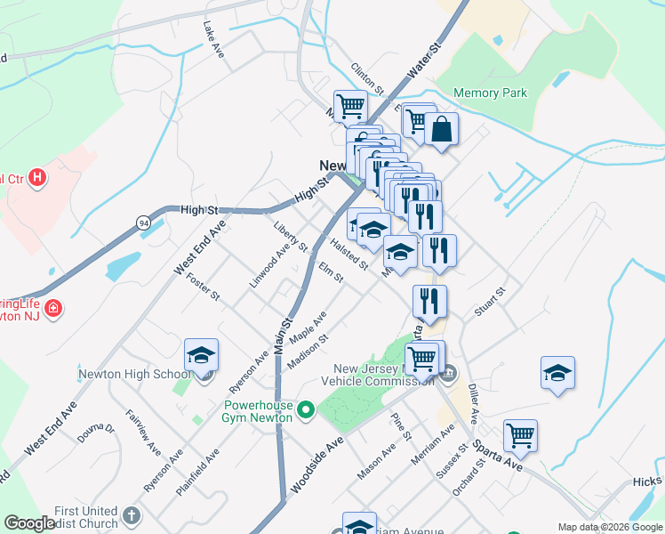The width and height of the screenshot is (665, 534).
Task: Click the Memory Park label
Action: (490, 93)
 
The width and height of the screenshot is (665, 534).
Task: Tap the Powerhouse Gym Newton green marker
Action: (307, 410)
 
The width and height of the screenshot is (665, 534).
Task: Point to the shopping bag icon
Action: (441, 130)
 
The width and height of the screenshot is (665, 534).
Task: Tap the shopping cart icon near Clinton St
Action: (351, 107)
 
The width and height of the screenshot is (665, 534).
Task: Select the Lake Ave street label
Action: (213, 40)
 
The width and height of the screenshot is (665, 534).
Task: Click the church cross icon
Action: (131, 514)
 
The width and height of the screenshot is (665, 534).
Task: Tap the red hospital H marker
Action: (36, 178)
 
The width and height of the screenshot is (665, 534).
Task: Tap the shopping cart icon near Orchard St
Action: (520, 436)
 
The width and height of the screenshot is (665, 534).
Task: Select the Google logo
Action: (30, 523)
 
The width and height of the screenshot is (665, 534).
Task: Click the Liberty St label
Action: (291, 236)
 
